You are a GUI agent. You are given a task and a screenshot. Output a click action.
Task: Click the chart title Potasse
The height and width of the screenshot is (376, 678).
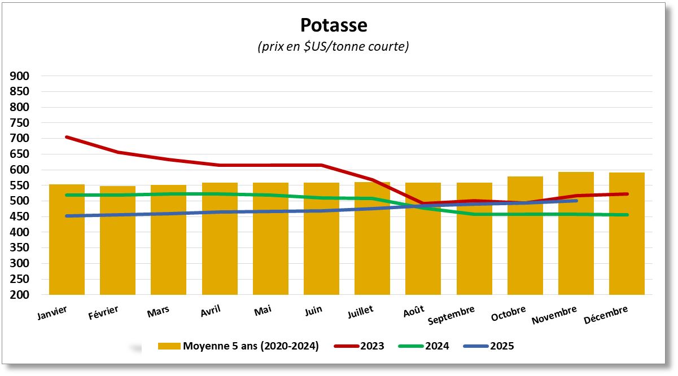click(x=333, y=25)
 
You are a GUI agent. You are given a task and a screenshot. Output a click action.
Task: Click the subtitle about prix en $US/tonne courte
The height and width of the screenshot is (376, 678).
click(x=333, y=47)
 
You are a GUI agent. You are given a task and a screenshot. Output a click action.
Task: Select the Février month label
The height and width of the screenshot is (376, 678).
click(x=103, y=312)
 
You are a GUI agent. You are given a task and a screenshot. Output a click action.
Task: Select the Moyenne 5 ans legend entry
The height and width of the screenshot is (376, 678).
click(x=238, y=346)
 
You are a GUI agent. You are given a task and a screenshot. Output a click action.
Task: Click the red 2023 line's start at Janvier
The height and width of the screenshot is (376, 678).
click(x=67, y=137)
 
